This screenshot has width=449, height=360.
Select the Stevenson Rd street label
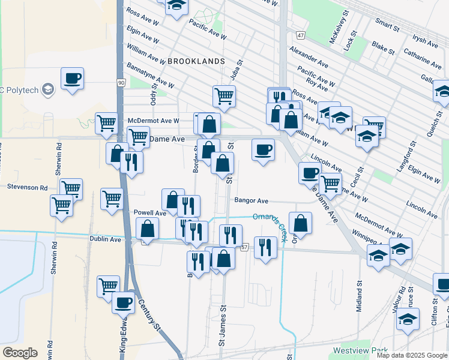[x=27, y=187]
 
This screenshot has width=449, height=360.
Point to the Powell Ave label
[x=149, y=213]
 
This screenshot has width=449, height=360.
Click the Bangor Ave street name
[x=251, y=201]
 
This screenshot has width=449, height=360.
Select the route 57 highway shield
[x=244, y=247]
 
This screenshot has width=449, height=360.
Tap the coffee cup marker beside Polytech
[x=72, y=78]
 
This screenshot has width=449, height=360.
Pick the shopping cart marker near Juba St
[x=224, y=95]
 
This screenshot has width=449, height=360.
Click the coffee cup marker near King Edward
[x=123, y=302]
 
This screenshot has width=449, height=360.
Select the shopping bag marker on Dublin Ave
[x=147, y=229]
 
